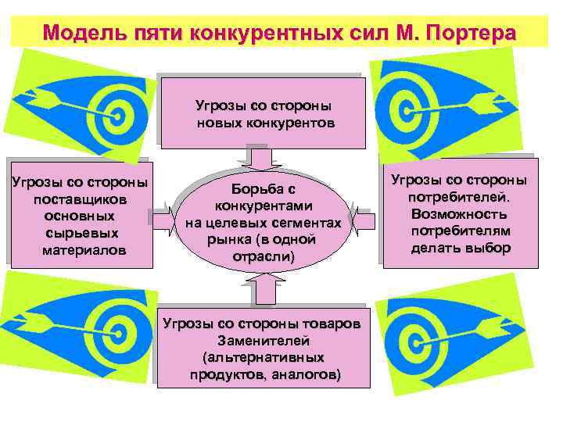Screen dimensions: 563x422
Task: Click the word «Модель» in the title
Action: pyautogui.click(x=84, y=34)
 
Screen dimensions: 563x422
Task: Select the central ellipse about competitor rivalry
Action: pyautogui.click(x=264, y=224)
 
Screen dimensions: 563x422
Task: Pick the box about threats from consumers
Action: pyautogui.click(x=459, y=214)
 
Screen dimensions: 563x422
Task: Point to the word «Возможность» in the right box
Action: pyautogui.click(x=459, y=214)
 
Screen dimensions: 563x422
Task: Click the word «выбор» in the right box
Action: pyautogui.click(x=492, y=249)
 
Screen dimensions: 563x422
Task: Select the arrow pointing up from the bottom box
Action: pyautogui.click(x=264, y=291)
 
